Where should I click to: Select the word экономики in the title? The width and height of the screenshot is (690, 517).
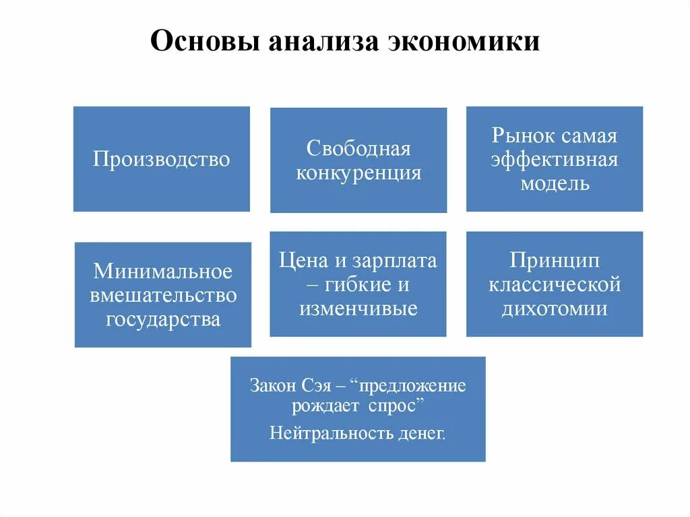click(464, 42)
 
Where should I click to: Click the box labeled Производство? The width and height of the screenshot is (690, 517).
click(161, 159)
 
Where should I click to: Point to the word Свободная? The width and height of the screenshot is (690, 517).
click(358, 148)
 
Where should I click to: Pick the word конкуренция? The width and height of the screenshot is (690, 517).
click(358, 173)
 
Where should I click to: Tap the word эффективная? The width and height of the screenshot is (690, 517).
click(555, 160)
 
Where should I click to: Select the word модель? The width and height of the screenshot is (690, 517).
click(555, 183)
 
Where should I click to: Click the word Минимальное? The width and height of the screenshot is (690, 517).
click(162, 271)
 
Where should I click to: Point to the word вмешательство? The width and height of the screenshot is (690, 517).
click(162, 295)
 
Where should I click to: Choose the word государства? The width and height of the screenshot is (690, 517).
click(162, 319)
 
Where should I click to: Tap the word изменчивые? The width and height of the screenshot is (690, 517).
click(358, 309)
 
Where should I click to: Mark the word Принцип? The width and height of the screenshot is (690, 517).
click(555, 260)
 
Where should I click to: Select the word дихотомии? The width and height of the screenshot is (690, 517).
click(555, 309)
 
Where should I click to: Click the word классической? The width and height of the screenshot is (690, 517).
click(555, 284)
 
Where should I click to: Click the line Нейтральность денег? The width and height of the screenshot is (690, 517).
click(358, 432)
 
